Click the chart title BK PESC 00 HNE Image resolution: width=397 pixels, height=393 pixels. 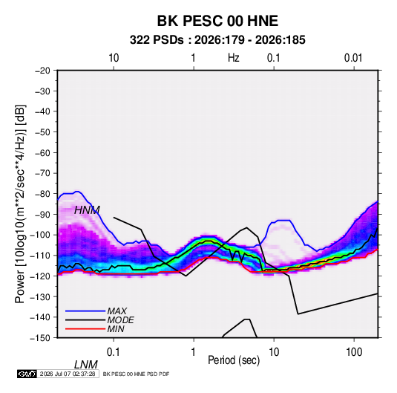(x=217, y=21)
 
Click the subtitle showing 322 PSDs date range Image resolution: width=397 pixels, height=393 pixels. (x=217, y=40)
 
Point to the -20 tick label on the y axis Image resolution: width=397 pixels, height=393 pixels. (x=42, y=71)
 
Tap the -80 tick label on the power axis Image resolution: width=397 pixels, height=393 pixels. (x=42, y=194)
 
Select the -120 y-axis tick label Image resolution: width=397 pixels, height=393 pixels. (x=41, y=276)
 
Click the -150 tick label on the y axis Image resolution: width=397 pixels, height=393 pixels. (x=41, y=338)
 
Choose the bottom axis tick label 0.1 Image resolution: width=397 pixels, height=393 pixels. (x=114, y=352)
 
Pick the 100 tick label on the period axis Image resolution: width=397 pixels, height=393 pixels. (x=354, y=352)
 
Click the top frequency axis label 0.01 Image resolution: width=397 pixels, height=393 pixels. (x=353, y=58)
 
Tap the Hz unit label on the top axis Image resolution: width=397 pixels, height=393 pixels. (x=234, y=58)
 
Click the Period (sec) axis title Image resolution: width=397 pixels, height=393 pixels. (x=234, y=360)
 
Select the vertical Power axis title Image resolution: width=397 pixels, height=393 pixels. (x=20, y=204)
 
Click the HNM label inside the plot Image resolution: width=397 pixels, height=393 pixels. (x=87, y=210)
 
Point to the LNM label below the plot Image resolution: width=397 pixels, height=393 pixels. (x=86, y=365)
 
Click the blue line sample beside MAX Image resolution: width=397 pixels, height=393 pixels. (x=85, y=311)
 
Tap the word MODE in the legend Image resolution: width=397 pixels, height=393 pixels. (x=121, y=320)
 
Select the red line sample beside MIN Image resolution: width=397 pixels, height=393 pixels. (x=85, y=329)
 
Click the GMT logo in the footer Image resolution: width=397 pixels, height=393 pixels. (x=27, y=374)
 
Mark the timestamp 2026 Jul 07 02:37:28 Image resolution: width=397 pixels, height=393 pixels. (x=68, y=374)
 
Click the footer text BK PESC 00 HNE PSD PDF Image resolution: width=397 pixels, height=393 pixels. (x=137, y=374)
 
